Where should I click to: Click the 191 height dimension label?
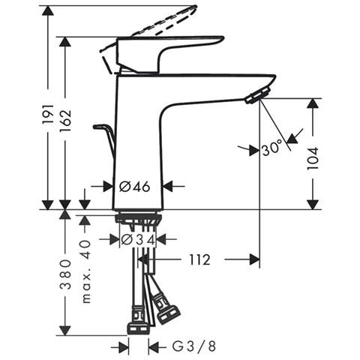pos(48,114)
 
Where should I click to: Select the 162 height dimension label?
pos(65,119)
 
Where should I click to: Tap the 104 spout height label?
pos(313,158)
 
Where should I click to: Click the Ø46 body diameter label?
pos(135,186)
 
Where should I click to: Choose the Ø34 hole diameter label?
pos(138,240)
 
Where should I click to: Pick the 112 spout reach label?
pos(199,259)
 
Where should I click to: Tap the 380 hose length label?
pos(65,274)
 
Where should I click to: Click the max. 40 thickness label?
pos(86,271)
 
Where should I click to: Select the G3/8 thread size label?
pos(193,346)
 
